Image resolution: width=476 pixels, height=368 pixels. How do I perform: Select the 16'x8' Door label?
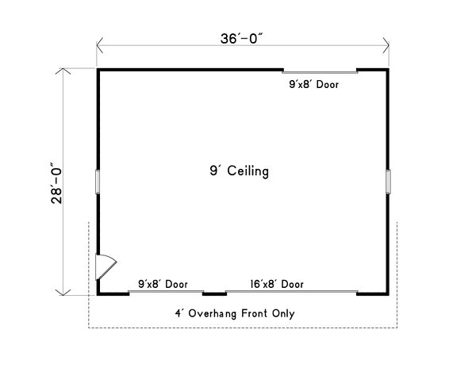tap(276, 283)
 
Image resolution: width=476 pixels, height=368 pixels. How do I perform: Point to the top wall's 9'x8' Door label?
tap(313, 82)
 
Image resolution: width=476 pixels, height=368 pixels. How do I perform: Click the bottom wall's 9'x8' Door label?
tap(163, 283)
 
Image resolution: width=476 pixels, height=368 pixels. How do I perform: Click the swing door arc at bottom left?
tap(107, 266)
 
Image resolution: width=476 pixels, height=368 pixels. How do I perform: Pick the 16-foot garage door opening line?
tap(291, 293)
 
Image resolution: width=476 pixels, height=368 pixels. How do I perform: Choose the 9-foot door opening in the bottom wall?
tap(166, 293)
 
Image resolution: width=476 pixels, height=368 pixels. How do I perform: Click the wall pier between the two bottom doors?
tap(215, 293)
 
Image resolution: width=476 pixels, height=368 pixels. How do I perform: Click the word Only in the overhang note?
tap(283, 313)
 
